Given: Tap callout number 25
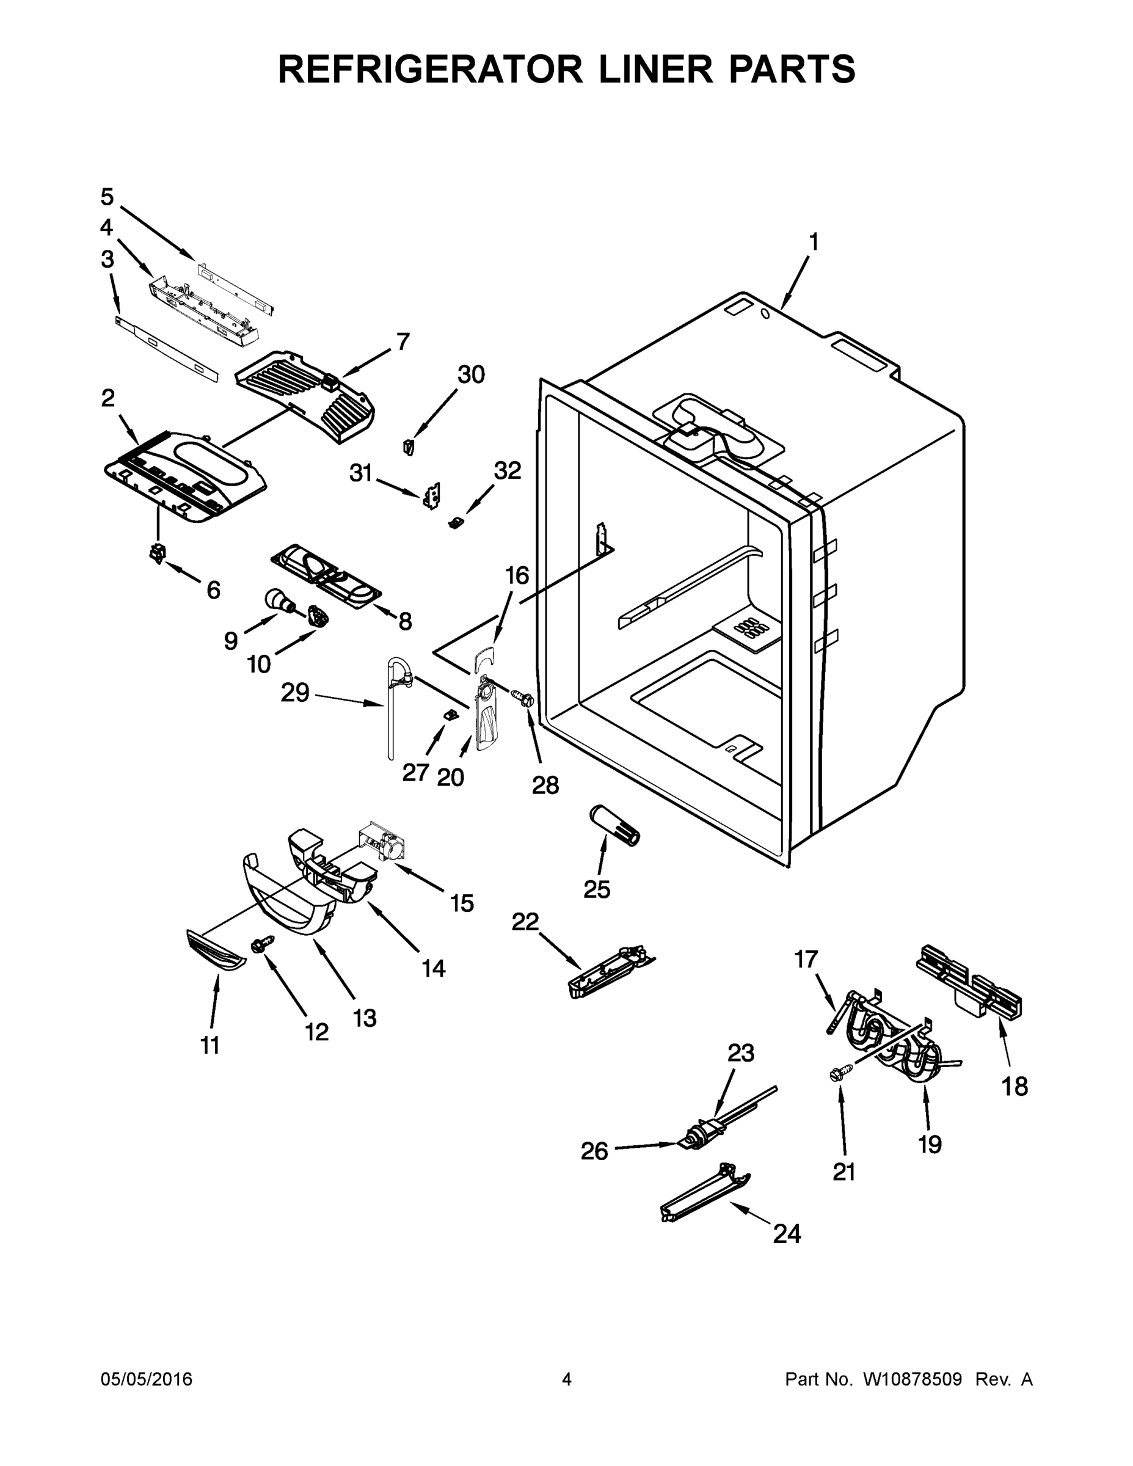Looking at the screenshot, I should point(597,889).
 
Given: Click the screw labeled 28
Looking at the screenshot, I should point(522,698).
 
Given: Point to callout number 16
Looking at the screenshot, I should point(517,575).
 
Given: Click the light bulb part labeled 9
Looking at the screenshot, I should point(277,598).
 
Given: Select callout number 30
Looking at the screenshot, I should point(470,374).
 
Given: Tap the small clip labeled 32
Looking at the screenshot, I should point(456,522).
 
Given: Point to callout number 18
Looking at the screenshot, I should point(1014,1086).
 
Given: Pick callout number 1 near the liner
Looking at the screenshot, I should point(814,242).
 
